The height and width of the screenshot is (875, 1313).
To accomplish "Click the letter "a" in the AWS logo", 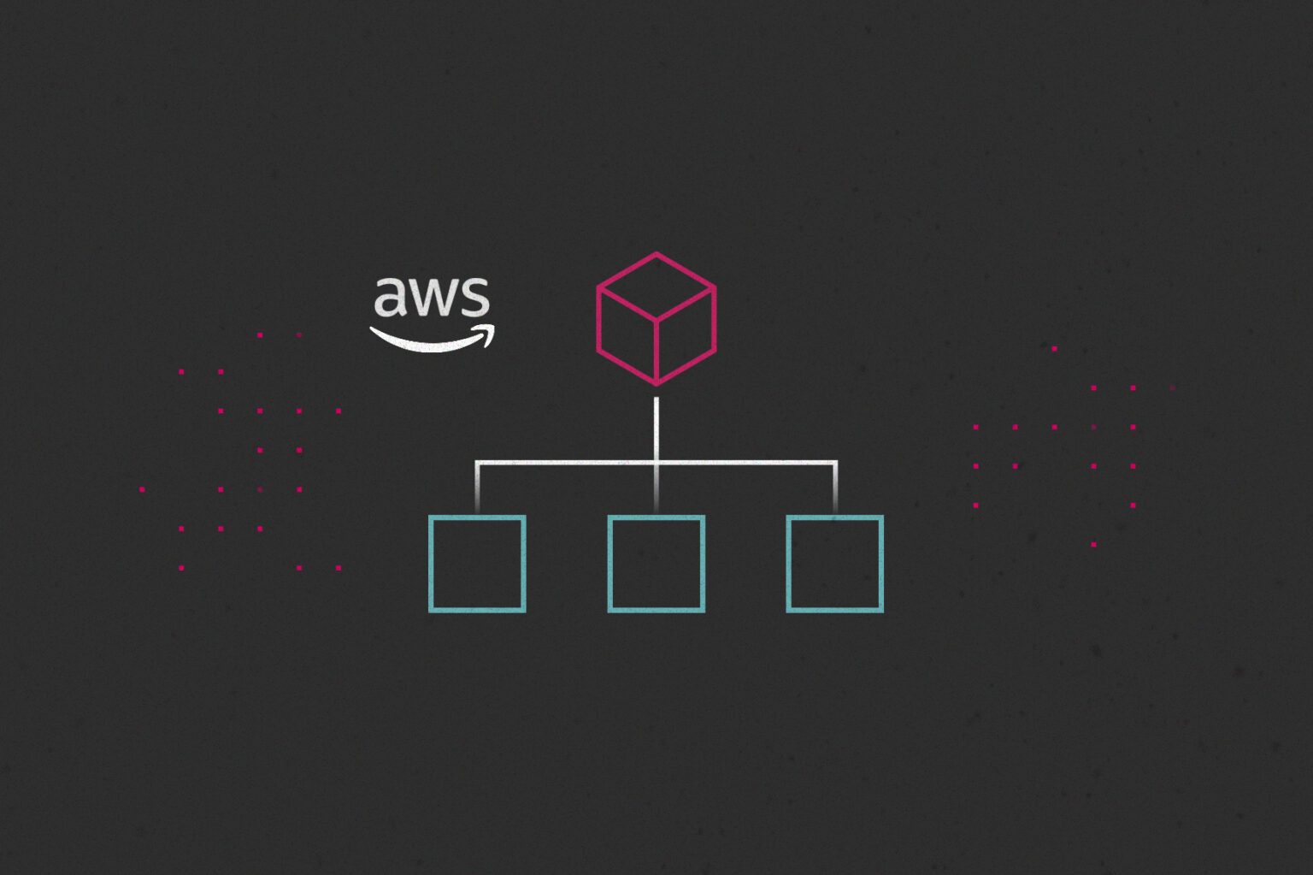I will click(x=389, y=298).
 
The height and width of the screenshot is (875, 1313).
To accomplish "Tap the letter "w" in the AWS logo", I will click(x=432, y=299).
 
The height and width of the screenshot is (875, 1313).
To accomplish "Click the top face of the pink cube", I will click(x=656, y=287).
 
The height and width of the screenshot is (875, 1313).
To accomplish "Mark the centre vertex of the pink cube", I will click(x=656, y=321).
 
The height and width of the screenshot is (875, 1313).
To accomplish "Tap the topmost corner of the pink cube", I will click(x=656, y=254).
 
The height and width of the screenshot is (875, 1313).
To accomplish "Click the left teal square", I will click(x=477, y=564).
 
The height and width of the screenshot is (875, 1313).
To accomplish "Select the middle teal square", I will click(x=656, y=564).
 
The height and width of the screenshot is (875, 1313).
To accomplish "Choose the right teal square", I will click(x=835, y=564).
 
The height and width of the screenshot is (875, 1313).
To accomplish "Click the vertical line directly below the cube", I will click(x=656, y=428).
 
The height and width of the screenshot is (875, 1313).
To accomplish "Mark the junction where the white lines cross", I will click(x=656, y=464).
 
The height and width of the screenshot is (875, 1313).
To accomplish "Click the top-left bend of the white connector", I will click(x=477, y=464).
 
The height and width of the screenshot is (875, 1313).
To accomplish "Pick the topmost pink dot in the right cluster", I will click(x=1055, y=349).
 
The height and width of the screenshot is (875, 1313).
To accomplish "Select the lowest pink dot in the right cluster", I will click(x=1094, y=544).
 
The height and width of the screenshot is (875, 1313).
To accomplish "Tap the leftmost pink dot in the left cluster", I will click(x=142, y=489).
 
